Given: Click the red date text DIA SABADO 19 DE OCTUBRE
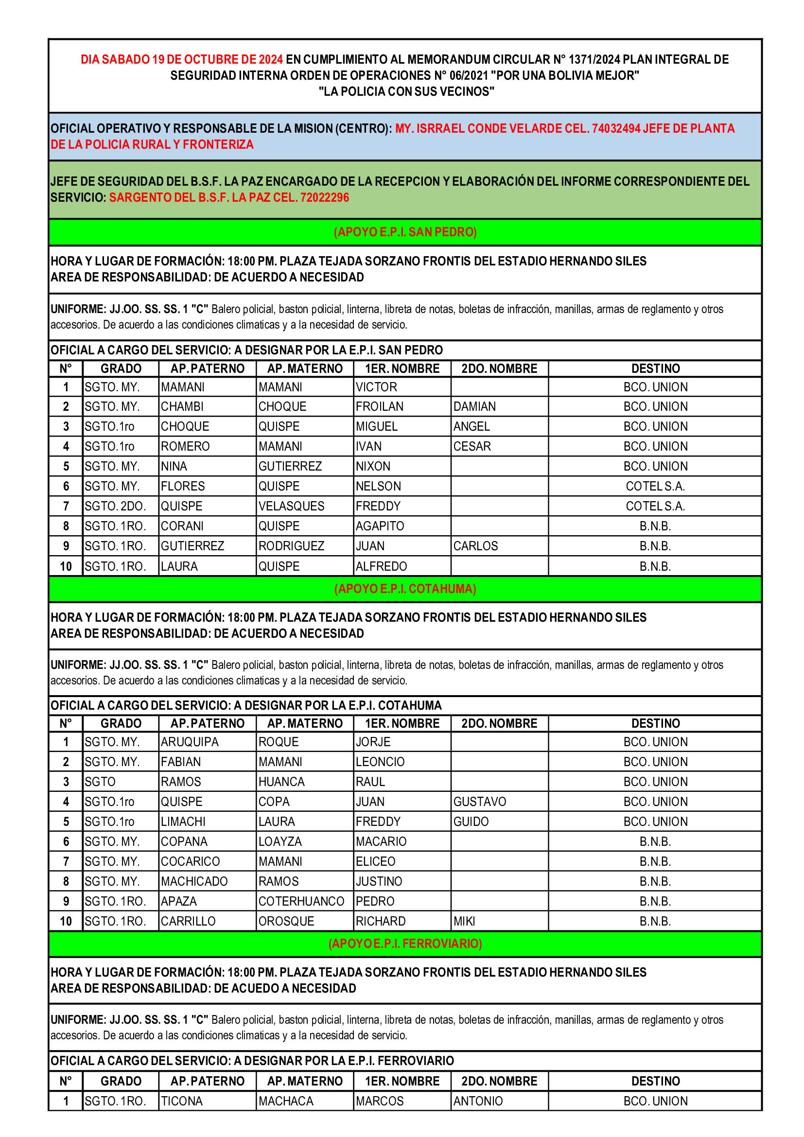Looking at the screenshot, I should [182, 59].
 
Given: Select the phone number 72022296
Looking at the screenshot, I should [324, 197].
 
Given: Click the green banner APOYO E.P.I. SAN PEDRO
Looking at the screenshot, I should [405, 232].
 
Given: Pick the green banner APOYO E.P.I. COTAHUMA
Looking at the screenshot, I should [405, 588].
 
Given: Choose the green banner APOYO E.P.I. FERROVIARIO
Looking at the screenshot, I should [405, 944].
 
